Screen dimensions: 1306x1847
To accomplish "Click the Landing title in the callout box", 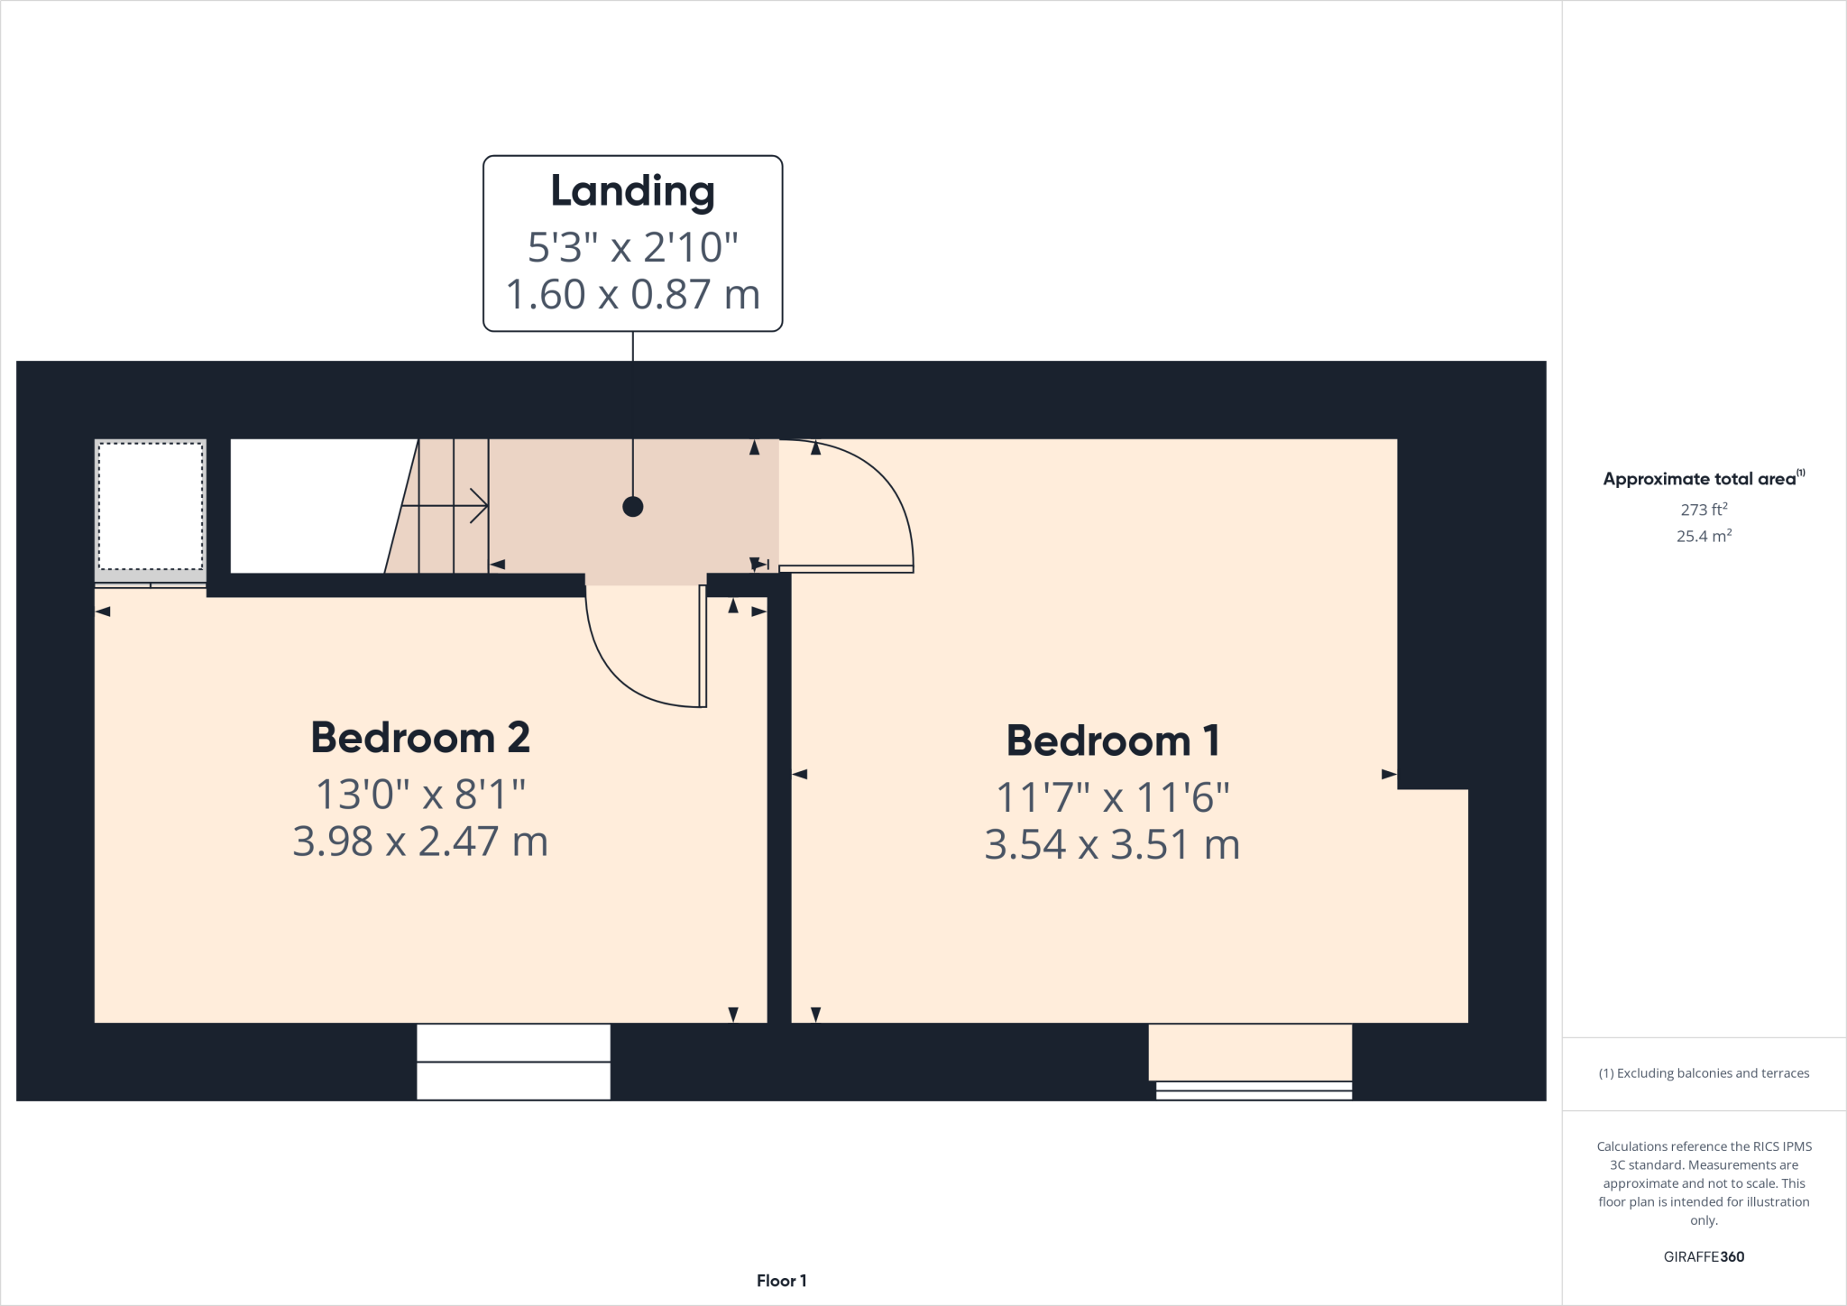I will pyautogui.click(x=632, y=191).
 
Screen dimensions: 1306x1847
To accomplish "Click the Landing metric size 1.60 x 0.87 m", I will pyautogui.click(x=632, y=295).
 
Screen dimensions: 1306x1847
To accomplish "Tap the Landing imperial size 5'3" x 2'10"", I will pyautogui.click(x=632, y=247).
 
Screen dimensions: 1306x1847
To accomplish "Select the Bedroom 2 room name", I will pyautogui.click(x=420, y=738).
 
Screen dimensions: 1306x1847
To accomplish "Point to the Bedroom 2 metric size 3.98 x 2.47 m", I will pyautogui.click(x=420, y=842).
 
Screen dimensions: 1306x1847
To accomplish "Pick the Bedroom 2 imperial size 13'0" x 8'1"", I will pyautogui.click(x=420, y=795).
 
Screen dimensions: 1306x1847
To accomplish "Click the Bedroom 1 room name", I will pyautogui.click(x=1113, y=741).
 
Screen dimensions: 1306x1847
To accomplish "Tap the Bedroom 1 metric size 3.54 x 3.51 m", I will pyautogui.click(x=1112, y=845).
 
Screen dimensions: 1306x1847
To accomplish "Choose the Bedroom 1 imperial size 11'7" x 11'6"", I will pyautogui.click(x=1112, y=798).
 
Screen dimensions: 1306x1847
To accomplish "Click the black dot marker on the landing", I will pyautogui.click(x=633, y=507).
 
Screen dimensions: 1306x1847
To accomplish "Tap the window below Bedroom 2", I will pyautogui.click(x=513, y=1062).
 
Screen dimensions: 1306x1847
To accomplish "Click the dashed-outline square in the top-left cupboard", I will pyautogui.click(x=151, y=506).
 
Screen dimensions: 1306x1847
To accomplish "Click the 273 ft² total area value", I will pyautogui.click(x=1704, y=510).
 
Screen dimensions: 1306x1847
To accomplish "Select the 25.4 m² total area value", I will pyautogui.click(x=1704, y=536).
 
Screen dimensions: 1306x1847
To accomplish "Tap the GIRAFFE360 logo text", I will pyautogui.click(x=1704, y=1256).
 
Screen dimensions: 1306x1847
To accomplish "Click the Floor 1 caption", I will pyautogui.click(x=781, y=1281).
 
